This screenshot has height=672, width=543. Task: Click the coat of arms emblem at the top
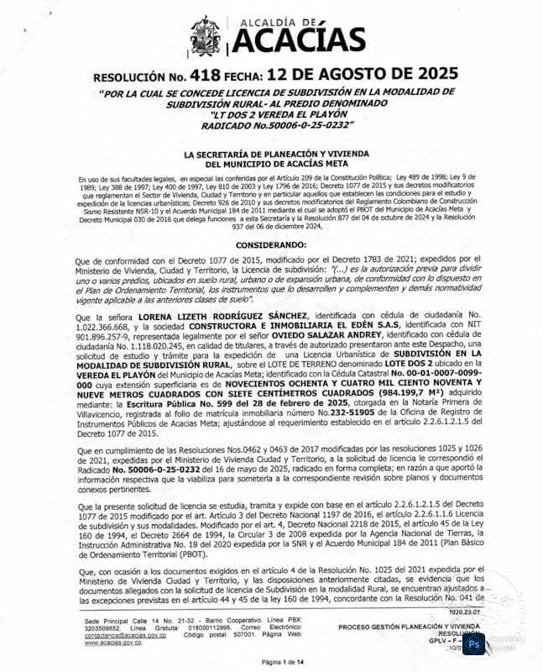pos(207,36)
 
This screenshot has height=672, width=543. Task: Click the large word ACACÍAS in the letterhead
pos(299,39)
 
